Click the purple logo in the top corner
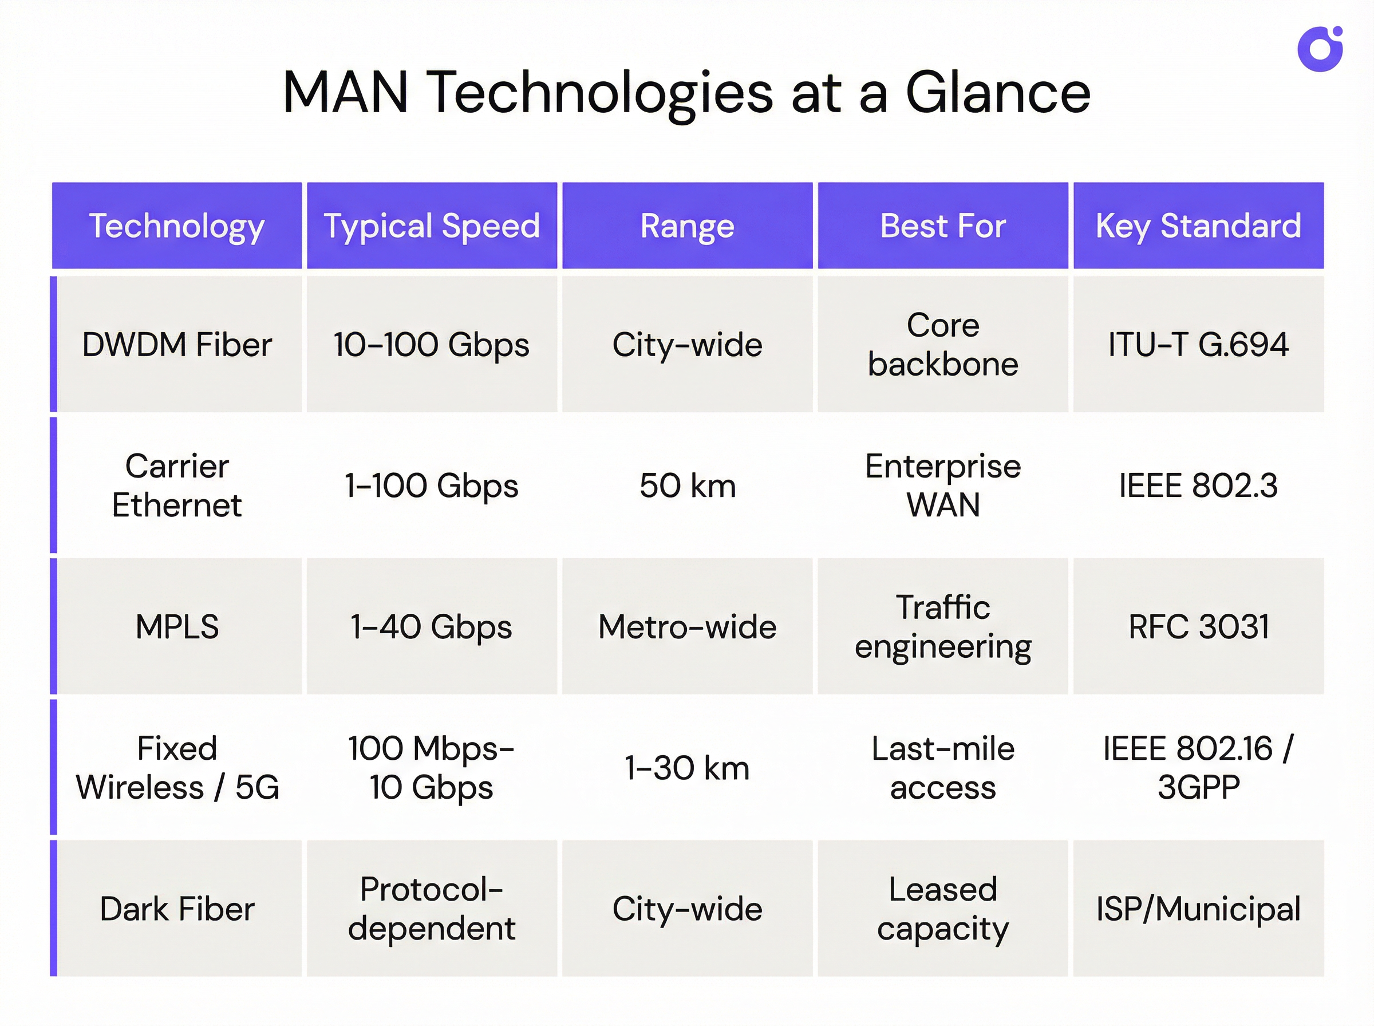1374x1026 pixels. (x=1320, y=49)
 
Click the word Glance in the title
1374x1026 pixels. (x=998, y=93)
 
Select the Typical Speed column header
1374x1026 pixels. (x=432, y=226)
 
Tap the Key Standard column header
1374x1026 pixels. (x=1198, y=226)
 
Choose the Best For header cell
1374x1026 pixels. (x=942, y=226)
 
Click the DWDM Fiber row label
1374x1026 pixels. (x=177, y=345)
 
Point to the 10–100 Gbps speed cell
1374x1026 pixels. (x=432, y=345)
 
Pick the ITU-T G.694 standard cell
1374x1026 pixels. (x=1198, y=345)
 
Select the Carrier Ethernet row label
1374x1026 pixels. (x=177, y=485)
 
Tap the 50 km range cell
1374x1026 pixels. (x=688, y=485)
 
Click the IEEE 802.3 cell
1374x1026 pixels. (x=1198, y=485)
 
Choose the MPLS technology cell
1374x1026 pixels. (x=177, y=626)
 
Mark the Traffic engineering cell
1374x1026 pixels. (x=942, y=626)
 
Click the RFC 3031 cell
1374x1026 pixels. (x=1198, y=626)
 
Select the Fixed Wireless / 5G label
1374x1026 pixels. (x=177, y=768)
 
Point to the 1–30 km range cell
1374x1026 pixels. (x=688, y=768)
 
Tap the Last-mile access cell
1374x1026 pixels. (x=942, y=768)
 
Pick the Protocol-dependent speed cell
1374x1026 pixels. (x=432, y=909)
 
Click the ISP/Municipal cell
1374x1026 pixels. (x=1198, y=909)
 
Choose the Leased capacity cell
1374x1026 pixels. (x=942, y=909)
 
